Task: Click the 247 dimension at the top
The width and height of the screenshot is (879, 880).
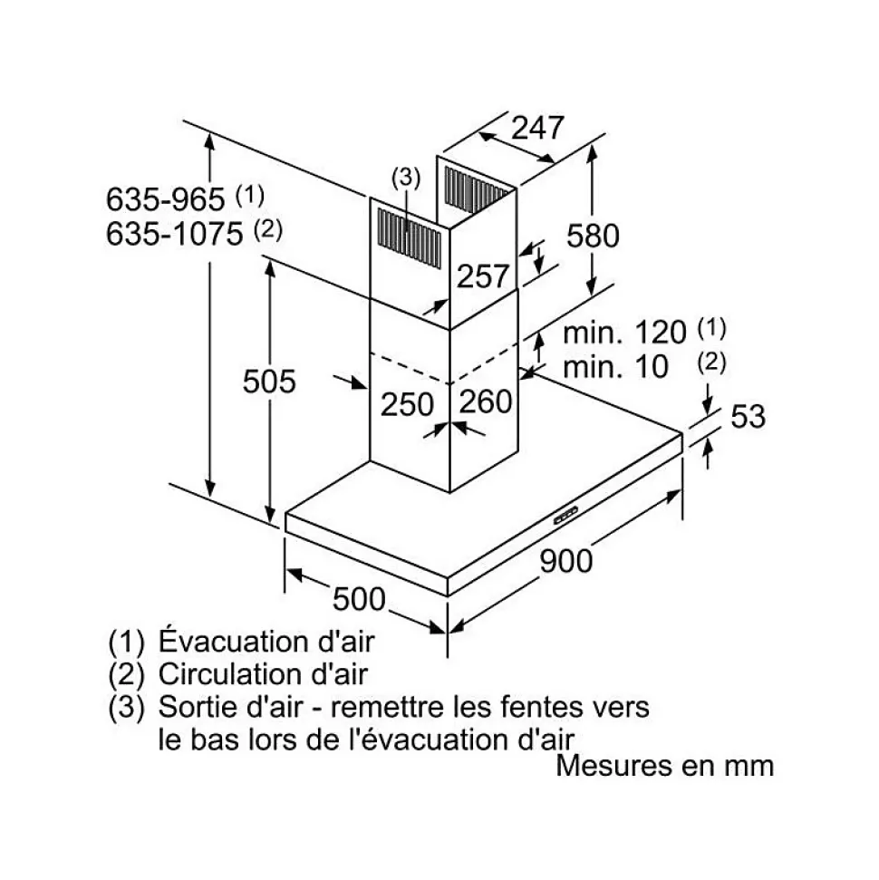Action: (x=537, y=128)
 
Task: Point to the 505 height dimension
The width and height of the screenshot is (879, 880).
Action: (x=269, y=382)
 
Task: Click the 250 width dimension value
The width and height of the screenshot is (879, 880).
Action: (x=407, y=404)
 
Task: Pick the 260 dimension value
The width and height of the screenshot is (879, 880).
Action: (x=485, y=401)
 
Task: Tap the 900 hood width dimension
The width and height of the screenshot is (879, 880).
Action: (x=566, y=561)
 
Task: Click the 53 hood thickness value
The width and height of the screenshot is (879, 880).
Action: (x=748, y=416)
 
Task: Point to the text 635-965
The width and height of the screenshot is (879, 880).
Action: (x=166, y=198)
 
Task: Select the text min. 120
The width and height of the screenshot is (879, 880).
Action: (x=624, y=332)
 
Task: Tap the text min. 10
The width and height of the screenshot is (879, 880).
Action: (x=615, y=367)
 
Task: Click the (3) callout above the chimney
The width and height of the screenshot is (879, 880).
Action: (x=406, y=178)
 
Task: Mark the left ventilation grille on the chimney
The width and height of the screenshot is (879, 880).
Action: (x=408, y=237)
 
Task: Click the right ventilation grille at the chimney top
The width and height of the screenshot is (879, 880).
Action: (x=477, y=191)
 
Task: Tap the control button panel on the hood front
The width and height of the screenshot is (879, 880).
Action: (x=565, y=516)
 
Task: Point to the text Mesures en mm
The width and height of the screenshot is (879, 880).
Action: (x=664, y=765)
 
